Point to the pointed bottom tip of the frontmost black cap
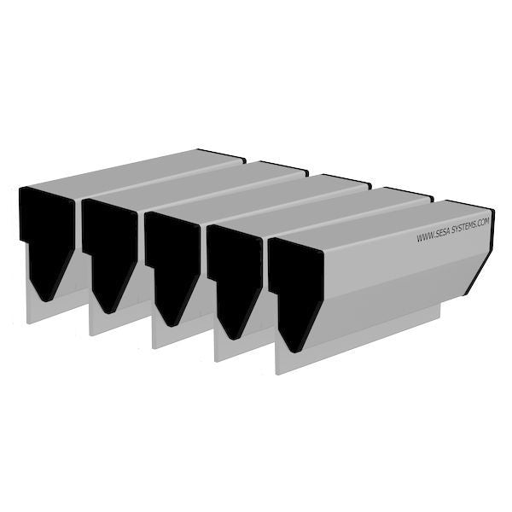(292, 350)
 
